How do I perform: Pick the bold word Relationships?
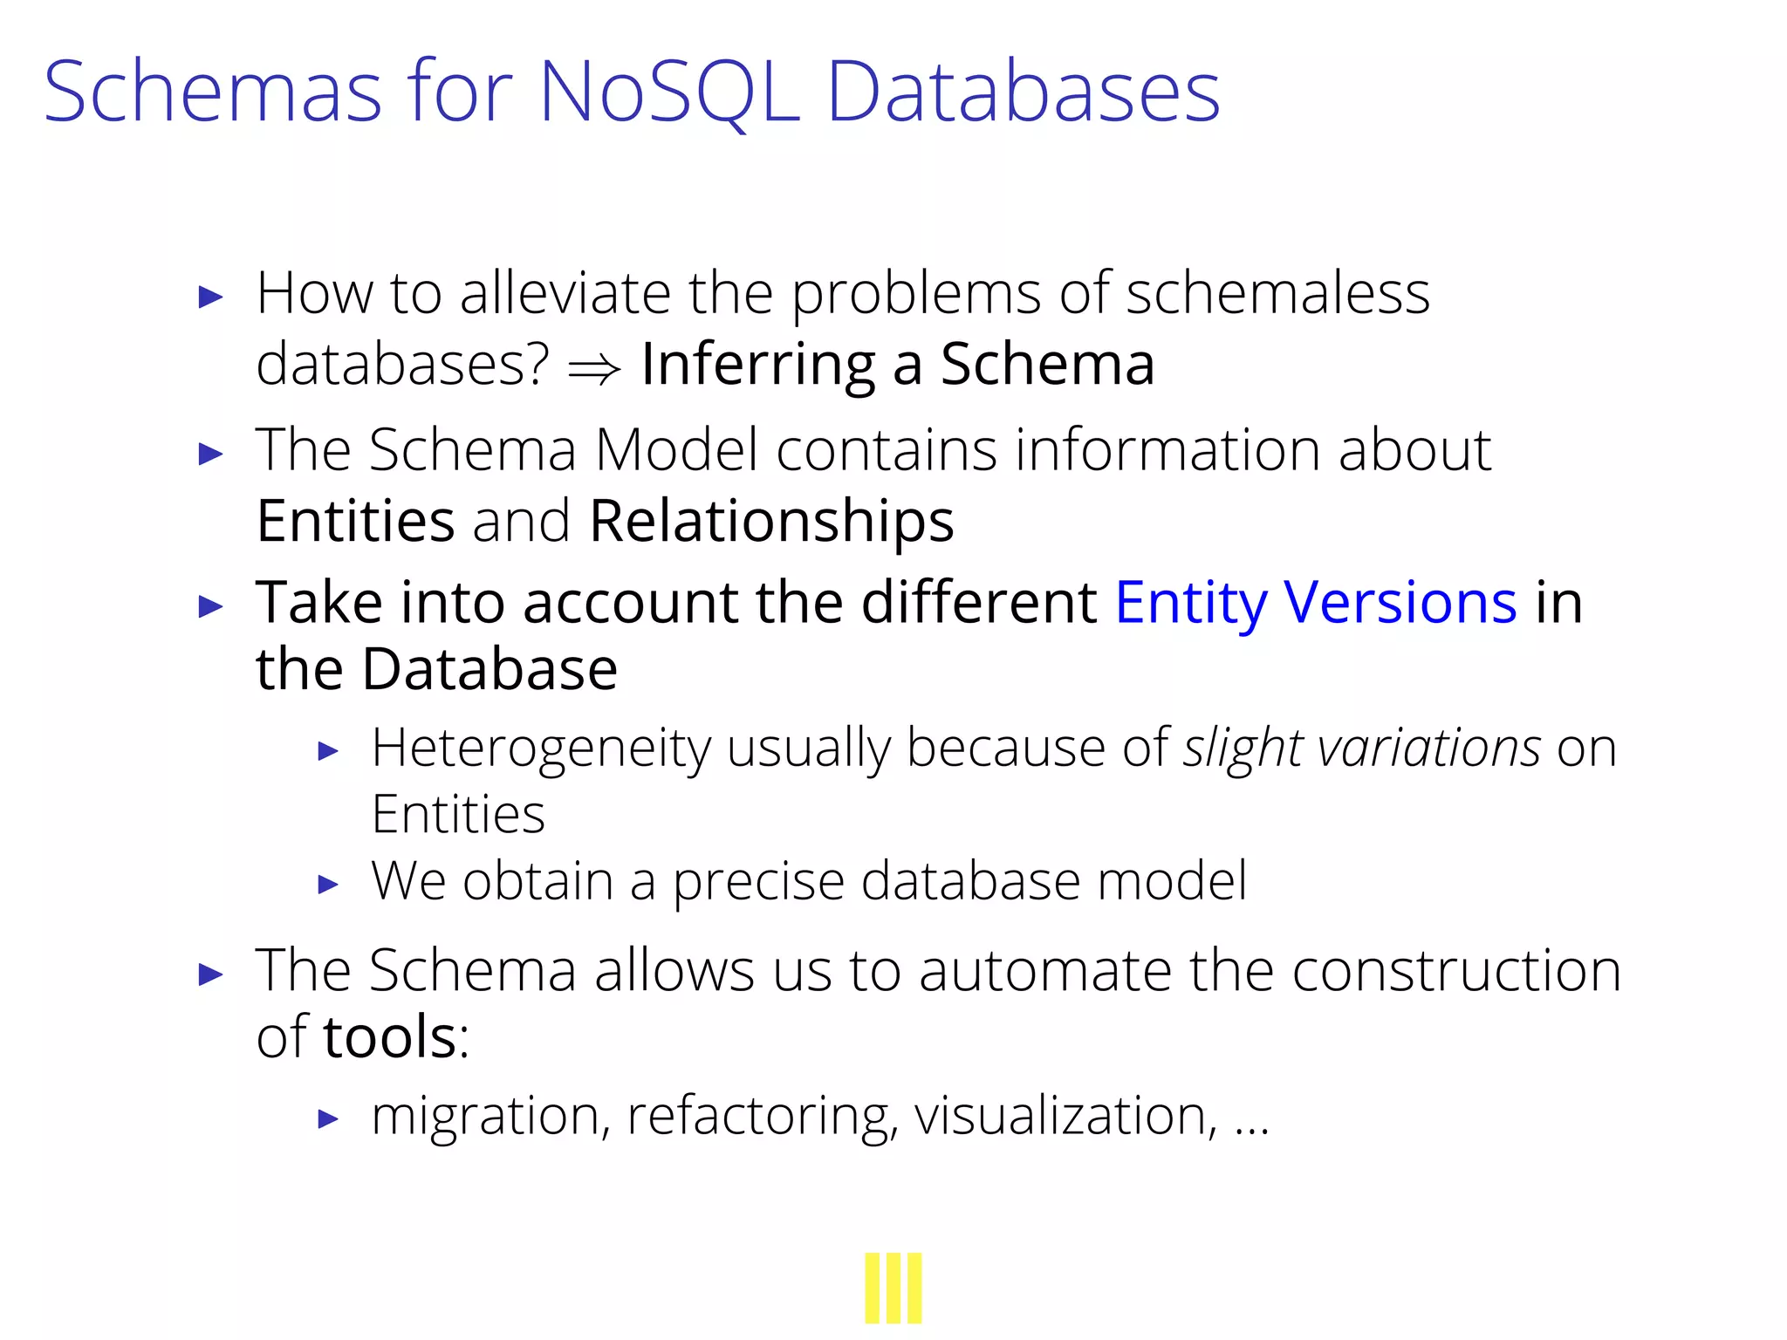point(771,522)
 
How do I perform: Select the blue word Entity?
point(1191,604)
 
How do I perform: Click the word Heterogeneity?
point(541,749)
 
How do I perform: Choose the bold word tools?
point(390,1037)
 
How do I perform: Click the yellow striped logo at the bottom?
point(893,1288)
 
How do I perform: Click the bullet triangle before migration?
point(328,1118)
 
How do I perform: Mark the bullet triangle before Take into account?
point(211,605)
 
